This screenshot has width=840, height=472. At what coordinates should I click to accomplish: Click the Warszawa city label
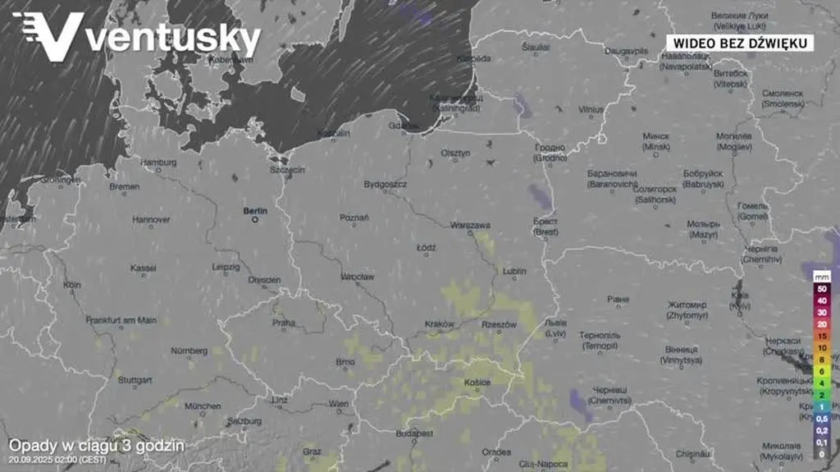(470, 225)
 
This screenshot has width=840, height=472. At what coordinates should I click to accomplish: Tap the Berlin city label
(255, 210)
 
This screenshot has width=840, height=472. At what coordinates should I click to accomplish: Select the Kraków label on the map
(440, 324)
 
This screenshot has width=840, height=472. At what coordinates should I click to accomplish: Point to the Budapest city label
(413, 433)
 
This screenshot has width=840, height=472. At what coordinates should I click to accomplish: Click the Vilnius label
(591, 109)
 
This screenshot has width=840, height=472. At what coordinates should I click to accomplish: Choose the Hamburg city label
(158, 163)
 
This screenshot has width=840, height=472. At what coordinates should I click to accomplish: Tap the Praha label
(284, 323)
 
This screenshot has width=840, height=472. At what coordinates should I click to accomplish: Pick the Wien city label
(338, 403)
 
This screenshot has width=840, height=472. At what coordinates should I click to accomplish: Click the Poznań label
(354, 218)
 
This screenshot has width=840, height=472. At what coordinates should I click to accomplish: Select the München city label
(202, 406)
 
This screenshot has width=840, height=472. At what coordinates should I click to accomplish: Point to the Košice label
(477, 383)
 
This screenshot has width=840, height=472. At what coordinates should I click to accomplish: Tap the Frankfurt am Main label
(121, 320)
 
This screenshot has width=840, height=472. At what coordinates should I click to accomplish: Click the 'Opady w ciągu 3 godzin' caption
(96, 446)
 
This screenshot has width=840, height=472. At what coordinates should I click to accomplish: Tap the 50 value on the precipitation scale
(821, 288)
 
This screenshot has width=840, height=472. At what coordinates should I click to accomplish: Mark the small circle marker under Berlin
(255, 220)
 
